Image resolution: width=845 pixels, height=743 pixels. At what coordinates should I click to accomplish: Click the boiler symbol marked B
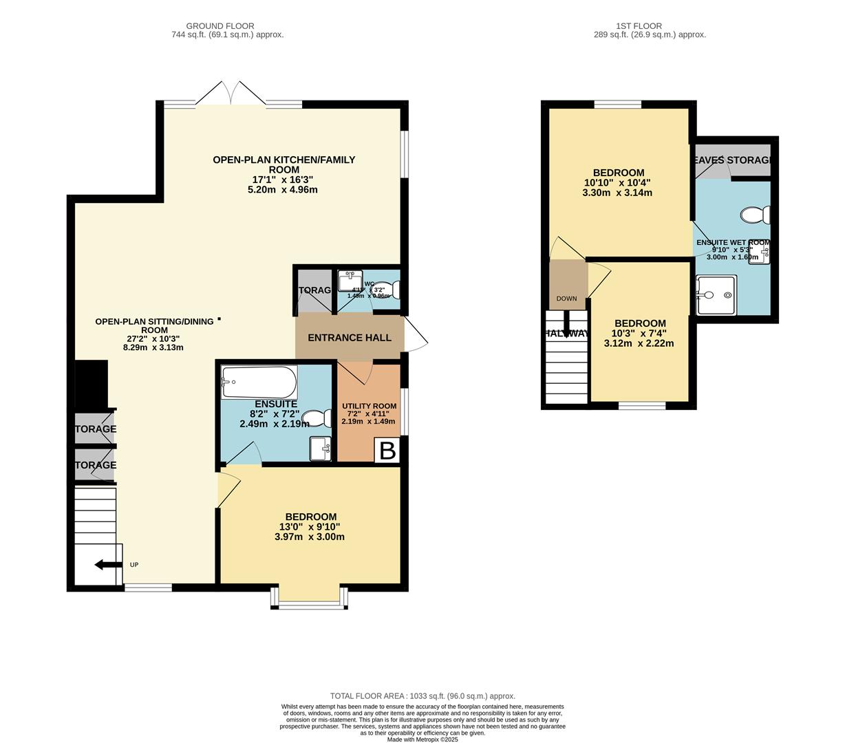(x=387, y=451)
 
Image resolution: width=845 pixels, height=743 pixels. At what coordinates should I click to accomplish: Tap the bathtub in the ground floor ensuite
(x=259, y=382)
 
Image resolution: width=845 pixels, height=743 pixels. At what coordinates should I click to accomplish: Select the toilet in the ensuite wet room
(x=756, y=215)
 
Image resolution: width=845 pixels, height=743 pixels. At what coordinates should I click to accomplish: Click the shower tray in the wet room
(x=716, y=295)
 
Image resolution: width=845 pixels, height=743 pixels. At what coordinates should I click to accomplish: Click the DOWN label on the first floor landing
(x=566, y=299)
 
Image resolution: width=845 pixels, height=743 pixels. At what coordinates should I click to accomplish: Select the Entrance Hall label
(x=349, y=338)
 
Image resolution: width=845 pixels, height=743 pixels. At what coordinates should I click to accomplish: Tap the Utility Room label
(x=370, y=406)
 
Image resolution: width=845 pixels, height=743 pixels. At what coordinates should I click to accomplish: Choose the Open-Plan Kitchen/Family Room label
(x=284, y=164)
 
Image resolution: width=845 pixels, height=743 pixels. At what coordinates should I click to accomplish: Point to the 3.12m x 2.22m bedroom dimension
(x=639, y=343)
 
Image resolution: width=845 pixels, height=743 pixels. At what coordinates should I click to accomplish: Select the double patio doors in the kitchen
(x=231, y=94)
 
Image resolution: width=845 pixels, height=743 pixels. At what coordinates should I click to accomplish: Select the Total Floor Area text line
(x=422, y=696)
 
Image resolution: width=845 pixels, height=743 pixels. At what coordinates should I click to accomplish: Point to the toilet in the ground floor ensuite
(x=317, y=418)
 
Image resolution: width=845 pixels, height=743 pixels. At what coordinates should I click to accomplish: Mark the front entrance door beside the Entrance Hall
(x=416, y=336)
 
